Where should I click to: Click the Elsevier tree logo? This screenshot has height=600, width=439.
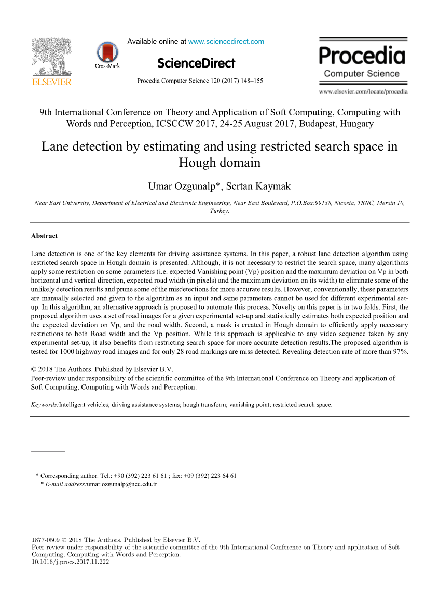51,57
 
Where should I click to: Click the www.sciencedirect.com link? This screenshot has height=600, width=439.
226,42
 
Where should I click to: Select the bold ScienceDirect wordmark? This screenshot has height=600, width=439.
196,63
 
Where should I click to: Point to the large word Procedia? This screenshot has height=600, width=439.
362,56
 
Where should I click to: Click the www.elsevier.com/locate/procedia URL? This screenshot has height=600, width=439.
363,92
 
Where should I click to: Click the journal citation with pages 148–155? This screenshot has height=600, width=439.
200,81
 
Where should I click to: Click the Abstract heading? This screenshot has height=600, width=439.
44,236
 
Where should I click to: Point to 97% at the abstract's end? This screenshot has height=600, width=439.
401,352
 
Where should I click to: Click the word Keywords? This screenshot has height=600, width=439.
45,404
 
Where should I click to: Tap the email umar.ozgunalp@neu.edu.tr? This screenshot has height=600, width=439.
122,484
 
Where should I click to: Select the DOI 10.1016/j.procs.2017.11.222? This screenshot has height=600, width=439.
71,562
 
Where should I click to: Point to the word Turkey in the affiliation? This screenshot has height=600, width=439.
219,211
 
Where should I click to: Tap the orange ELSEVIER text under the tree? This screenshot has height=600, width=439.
51,82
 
